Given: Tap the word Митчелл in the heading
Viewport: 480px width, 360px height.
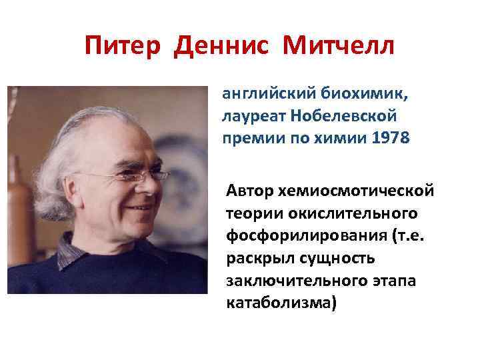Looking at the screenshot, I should pos(339,47).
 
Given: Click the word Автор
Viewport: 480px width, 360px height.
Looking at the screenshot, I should pos(249,191).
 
